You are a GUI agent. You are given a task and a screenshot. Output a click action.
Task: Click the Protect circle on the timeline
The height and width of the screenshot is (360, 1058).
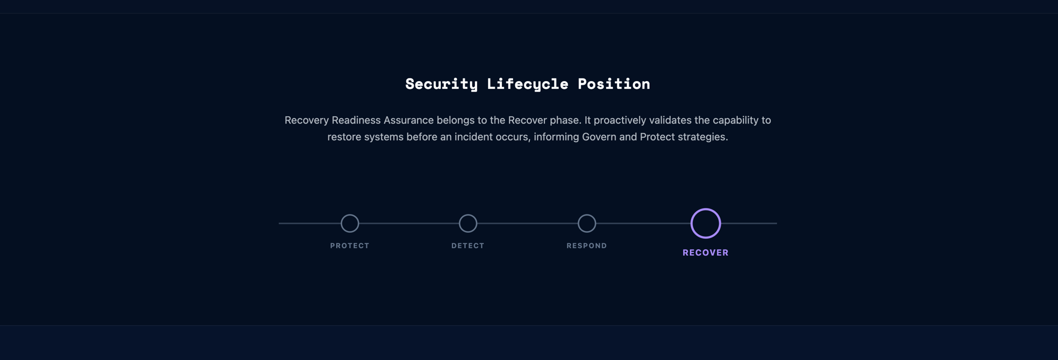click(350, 223)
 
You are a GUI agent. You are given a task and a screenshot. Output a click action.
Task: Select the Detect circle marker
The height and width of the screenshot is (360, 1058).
click(468, 223)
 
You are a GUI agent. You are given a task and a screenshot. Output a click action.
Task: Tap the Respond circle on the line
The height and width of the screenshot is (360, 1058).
click(587, 223)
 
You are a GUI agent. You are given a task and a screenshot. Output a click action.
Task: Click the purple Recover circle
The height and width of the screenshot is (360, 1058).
click(706, 223)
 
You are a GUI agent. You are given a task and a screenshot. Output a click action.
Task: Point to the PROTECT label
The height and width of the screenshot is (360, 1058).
click(350, 246)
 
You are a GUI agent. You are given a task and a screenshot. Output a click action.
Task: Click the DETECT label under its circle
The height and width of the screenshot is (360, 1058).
click(468, 246)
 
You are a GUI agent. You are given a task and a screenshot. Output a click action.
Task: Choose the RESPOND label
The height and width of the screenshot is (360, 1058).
click(587, 246)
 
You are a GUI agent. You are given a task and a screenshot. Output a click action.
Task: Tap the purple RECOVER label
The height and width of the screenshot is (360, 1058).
click(706, 252)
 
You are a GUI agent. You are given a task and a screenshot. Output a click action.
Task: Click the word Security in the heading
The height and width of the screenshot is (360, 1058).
click(441, 84)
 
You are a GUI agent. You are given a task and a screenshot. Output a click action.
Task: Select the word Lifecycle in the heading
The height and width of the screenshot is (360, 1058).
click(527, 84)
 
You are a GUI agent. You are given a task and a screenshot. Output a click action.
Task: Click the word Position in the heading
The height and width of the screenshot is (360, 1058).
click(614, 84)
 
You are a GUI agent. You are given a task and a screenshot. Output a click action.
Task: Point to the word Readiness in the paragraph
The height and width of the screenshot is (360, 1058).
click(356, 120)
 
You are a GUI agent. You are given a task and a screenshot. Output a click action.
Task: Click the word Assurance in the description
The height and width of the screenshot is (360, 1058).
click(408, 120)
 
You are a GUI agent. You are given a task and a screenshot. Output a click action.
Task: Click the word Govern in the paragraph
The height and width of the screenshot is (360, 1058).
click(599, 137)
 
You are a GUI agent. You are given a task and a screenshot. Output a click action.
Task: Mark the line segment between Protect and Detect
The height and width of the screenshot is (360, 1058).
click(409, 223)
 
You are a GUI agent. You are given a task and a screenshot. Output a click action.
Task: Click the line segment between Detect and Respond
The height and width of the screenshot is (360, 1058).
click(527, 223)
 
